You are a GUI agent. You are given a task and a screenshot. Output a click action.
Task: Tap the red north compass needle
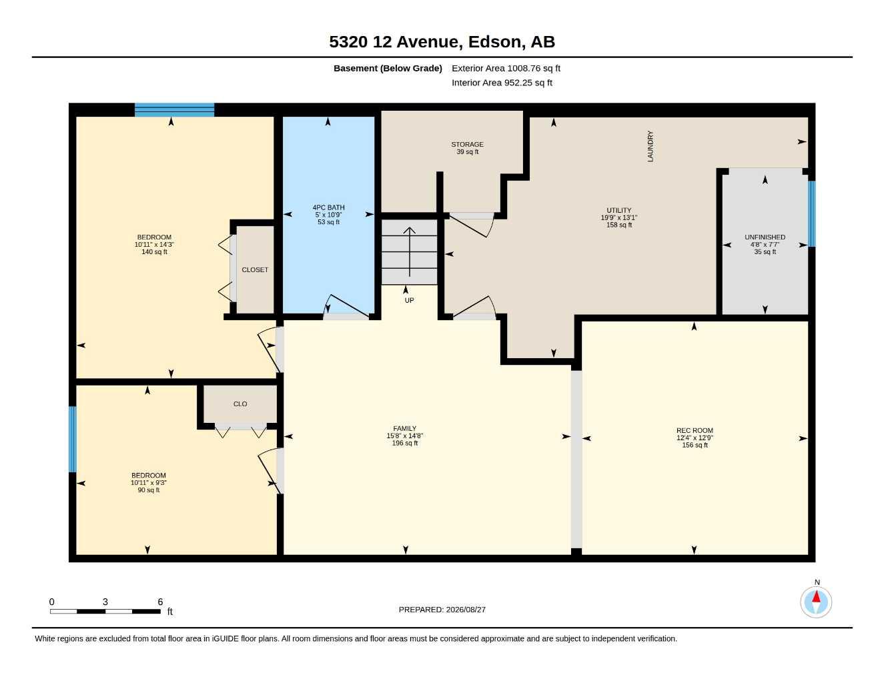[x=816, y=597]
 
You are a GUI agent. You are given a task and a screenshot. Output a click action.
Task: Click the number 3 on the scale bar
[x=105, y=602]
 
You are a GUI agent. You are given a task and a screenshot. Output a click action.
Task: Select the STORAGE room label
[x=467, y=144]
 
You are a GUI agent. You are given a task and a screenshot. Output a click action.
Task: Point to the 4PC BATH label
[x=328, y=207]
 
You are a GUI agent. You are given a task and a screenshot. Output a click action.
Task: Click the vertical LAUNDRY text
[x=650, y=146]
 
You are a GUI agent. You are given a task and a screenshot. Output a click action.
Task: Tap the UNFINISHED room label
[x=765, y=237]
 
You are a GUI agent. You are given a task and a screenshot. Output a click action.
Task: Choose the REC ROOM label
[x=695, y=430]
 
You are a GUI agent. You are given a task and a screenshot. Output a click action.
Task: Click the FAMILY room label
[x=405, y=428]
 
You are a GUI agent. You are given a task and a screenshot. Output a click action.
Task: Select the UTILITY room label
[x=618, y=210]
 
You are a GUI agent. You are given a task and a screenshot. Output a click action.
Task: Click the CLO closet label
[x=240, y=404]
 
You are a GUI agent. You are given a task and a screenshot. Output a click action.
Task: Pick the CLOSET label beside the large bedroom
[x=255, y=270]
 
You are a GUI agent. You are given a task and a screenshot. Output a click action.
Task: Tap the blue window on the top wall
[x=175, y=110]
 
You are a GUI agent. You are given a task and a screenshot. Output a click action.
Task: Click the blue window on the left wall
[x=73, y=439]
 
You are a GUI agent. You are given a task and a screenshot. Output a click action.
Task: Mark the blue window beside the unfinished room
[x=811, y=214]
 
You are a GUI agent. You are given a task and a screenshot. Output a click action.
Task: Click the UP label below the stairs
[x=409, y=300]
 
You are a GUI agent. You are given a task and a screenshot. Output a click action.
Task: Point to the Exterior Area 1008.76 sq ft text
[x=506, y=68]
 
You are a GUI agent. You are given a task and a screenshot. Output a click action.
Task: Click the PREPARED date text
[x=442, y=610]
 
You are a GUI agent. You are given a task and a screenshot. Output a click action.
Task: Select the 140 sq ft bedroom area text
[x=154, y=252]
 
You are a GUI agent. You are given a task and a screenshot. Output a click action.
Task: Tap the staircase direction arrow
[x=409, y=252]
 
